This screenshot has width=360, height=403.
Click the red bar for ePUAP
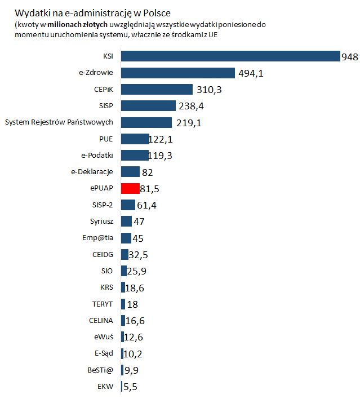tap(130, 188)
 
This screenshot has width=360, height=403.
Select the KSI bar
tap(230, 56)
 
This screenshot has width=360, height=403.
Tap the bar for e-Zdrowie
tap(177, 73)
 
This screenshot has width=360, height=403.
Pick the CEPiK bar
tap(157, 89)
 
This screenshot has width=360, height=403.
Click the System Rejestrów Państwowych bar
tap(146, 122)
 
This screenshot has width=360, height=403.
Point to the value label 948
tap(349, 56)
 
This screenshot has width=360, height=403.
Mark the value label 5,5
tap(131, 387)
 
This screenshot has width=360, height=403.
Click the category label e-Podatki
tap(97, 155)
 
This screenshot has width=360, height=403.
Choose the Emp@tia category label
tap(98, 238)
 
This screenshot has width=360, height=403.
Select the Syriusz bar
tap(126, 222)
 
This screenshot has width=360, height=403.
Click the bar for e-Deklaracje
tap(130, 172)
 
